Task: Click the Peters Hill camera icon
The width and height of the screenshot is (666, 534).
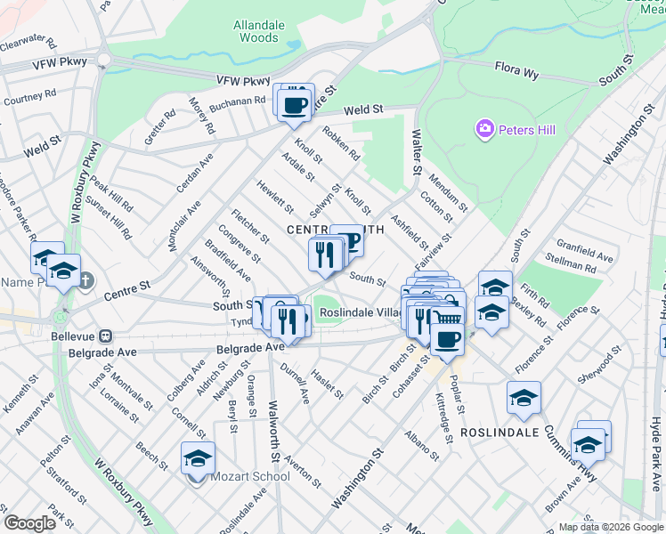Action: (484, 130)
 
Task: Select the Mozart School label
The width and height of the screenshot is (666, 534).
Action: (250, 476)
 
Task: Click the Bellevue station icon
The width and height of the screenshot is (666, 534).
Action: (104, 336)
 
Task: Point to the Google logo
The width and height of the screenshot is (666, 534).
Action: (29, 523)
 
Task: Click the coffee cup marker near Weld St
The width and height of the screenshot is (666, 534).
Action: (295, 106)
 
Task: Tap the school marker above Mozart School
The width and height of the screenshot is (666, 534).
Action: (199, 458)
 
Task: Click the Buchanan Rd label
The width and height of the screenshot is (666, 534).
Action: (237, 104)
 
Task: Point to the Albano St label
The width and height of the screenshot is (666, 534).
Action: (421, 443)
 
